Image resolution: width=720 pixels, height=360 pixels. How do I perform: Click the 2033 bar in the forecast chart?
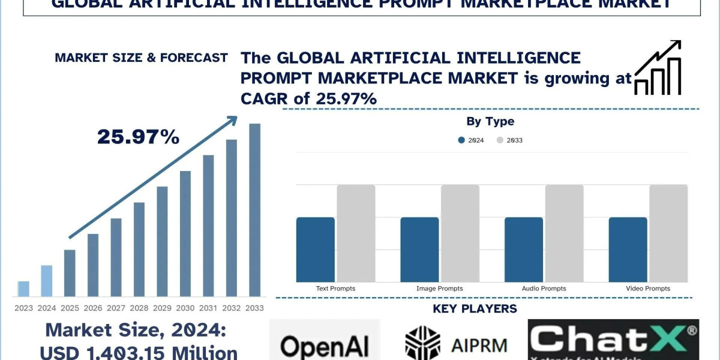pyautogui.click(x=255, y=210)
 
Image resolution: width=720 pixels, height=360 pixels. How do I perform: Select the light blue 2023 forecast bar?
pyautogui.click(x=23, y=289)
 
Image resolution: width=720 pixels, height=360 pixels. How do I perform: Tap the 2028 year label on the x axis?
pyautogui.click(x=139, y=308)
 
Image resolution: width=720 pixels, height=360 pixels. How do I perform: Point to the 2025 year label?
pyautogui.click(x=70, y=308)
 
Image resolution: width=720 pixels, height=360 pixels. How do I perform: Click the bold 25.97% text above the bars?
pyautogui.click(x=138, y=137)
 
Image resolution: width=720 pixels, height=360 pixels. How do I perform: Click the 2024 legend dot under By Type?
pyautogui.click(x=461, y=140)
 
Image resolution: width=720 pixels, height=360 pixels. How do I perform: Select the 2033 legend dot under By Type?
pyautogui.click(x=500, y=140)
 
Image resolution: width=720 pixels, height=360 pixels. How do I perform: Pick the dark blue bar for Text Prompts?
pyautogui.click(x=316, y=250)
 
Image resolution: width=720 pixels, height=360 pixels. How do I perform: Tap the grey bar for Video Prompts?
pyautogui.click(x=668, y=233)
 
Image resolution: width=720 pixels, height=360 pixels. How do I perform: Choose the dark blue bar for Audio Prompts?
pyautogui.click(x=524, y=250)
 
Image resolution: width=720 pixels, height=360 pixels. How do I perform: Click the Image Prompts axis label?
pyautogui.click(x=440, y=289)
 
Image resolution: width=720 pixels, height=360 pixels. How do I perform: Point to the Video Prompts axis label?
pyautogui.click(x=647, y=289)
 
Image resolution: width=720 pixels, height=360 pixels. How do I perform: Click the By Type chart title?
pyautogui.click(x=490, y=121)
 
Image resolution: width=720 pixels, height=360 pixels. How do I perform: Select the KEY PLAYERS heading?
pyautogui.click(x=475, y=309)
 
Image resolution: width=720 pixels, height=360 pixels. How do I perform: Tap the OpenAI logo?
pyautogui.click(x=325, y=345)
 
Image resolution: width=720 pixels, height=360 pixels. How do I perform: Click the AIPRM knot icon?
pyautogui.click(x=422, y=343)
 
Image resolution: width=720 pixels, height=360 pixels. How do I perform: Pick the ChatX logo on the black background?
pyautogui.click(x=613, y=340)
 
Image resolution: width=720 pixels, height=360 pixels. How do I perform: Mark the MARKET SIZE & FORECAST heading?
pyautogui.click(x=141, y=58)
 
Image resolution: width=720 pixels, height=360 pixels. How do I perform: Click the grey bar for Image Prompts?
pyautogui.click(x=460, y=233)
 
